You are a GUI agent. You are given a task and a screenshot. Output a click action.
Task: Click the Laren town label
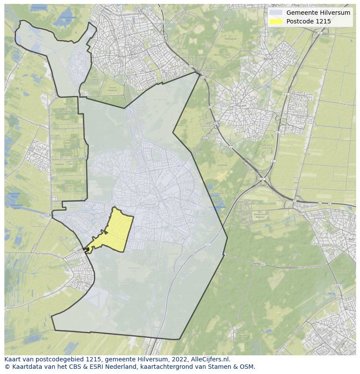click(243, 106)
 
